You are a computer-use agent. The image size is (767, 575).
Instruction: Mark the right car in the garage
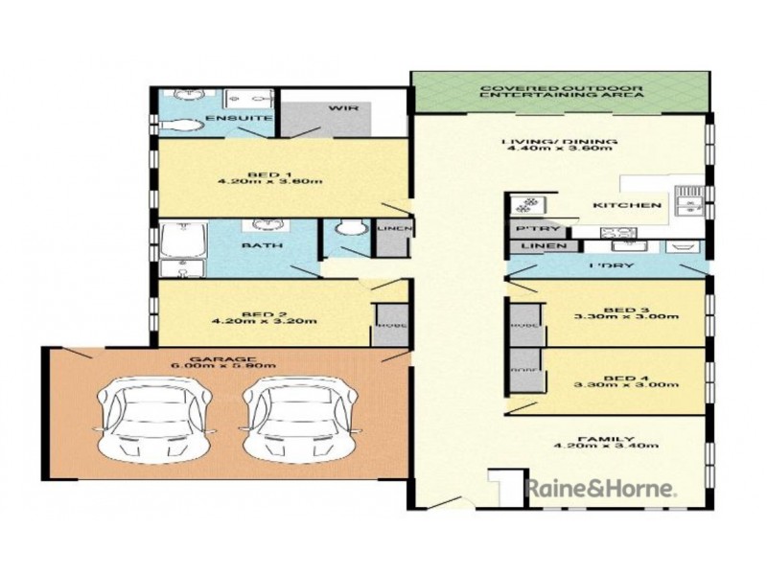click(x=297, y=414)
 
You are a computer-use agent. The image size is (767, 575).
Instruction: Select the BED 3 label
click(x=622, y=310)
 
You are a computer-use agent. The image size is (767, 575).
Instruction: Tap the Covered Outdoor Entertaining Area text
click(x=561, y=93)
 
